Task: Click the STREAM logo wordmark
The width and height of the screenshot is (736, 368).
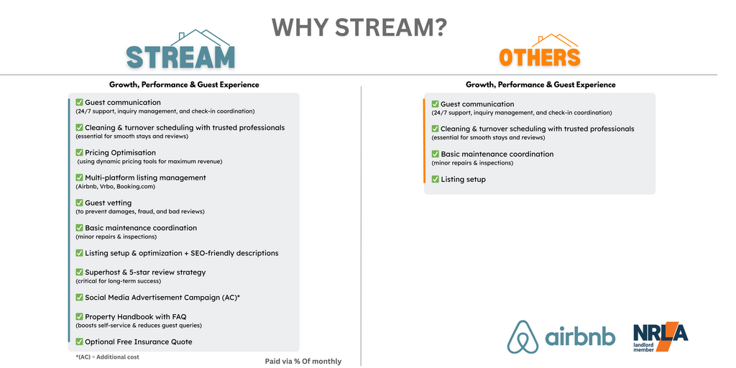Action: click(180, 57)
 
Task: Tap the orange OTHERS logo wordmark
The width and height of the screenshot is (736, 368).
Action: click(539, 57)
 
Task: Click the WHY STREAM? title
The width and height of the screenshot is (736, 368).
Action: click(359, 28)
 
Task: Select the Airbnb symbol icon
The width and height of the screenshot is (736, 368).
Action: click(523, 336)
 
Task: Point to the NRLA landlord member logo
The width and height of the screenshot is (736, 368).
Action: click(661, 337)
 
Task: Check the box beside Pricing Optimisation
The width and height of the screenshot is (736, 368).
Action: click(79, 152)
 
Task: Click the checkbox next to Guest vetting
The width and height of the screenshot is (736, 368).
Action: click(79, 202)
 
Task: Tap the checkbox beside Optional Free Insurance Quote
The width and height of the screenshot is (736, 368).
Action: click(79, 341)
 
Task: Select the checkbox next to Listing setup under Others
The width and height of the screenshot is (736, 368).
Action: click(435, 179)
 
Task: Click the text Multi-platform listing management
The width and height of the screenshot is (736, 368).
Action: click(145, 178)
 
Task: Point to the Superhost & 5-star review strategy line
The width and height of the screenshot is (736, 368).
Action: click(145, 272)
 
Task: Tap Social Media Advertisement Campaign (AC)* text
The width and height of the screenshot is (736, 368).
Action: click(162, 297)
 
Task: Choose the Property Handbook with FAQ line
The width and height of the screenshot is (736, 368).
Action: click(136, 316)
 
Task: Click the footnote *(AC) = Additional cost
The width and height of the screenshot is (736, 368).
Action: click(108, 356)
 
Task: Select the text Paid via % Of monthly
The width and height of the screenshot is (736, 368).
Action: click(303, 361)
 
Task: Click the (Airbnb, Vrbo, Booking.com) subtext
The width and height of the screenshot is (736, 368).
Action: click(115, 186)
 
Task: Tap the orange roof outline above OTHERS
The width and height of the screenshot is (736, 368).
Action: click(558, 41)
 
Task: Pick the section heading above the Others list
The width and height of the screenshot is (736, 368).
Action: click(540, 85)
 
